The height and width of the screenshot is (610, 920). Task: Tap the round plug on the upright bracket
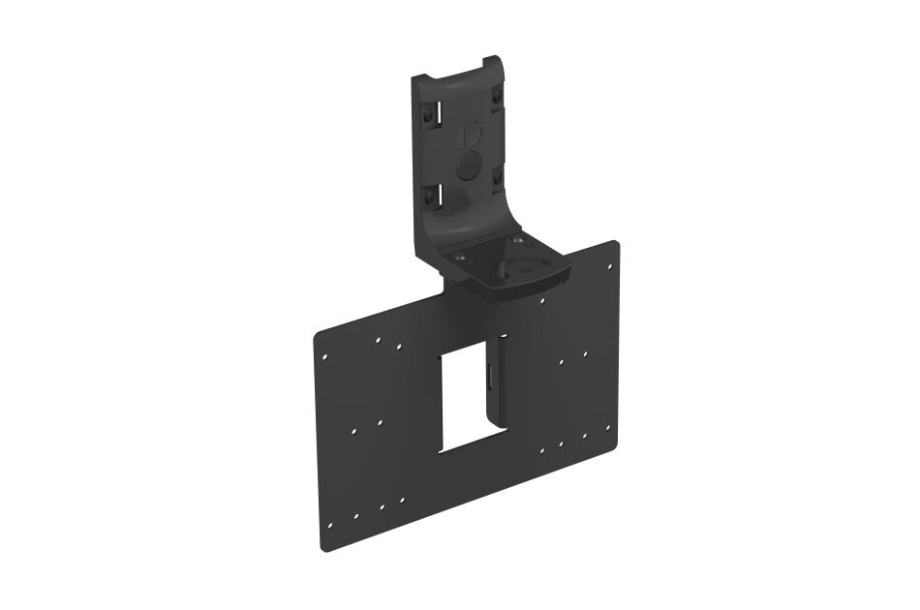[x=469, y=166]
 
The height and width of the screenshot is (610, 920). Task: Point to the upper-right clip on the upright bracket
[x=496, y=97]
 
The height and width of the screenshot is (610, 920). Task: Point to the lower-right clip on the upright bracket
[x=497, y=176]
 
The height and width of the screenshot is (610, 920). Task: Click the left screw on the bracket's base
[x=459, y=258]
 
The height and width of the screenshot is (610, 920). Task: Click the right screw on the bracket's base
[x=518, y=239]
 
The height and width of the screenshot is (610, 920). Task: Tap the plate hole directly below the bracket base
[x=541, y=301]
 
